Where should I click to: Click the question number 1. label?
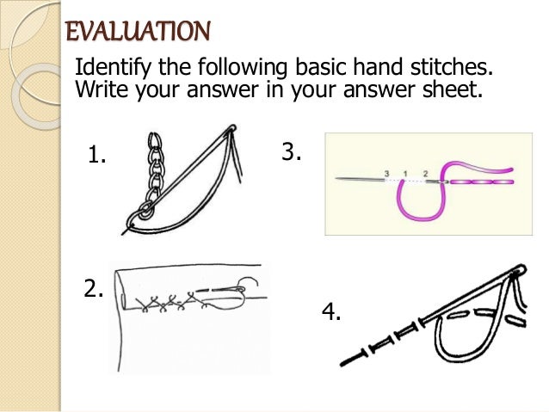[x=97, y=156]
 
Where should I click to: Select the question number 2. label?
[x=94, y=289]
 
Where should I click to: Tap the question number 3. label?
[x=292, y=153]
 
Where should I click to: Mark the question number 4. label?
[x=331, y=312]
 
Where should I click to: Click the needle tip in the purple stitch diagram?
[x=339, y=180]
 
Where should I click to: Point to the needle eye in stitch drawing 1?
[x=231, y=131]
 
